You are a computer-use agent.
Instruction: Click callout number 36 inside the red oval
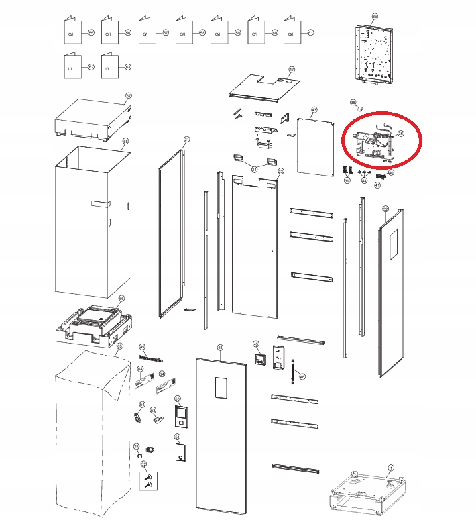[x=400, y=134]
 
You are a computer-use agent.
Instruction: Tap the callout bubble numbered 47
[x=292, y=70]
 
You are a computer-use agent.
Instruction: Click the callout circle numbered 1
[x=392, y=466]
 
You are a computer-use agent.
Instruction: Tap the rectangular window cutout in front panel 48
[x=219, y=390]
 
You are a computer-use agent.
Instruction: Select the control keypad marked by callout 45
[x=260, y=356]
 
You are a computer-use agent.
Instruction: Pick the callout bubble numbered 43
[x=313, y=109]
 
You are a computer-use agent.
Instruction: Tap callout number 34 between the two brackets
[x=254, y=170]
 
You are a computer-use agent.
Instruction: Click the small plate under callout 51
[x=179, y=454]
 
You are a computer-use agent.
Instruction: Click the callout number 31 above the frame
[x=187, y=140]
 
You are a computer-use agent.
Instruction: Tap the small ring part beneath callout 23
[x=139, y=456]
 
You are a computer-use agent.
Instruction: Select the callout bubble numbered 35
[x=374, y=16]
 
